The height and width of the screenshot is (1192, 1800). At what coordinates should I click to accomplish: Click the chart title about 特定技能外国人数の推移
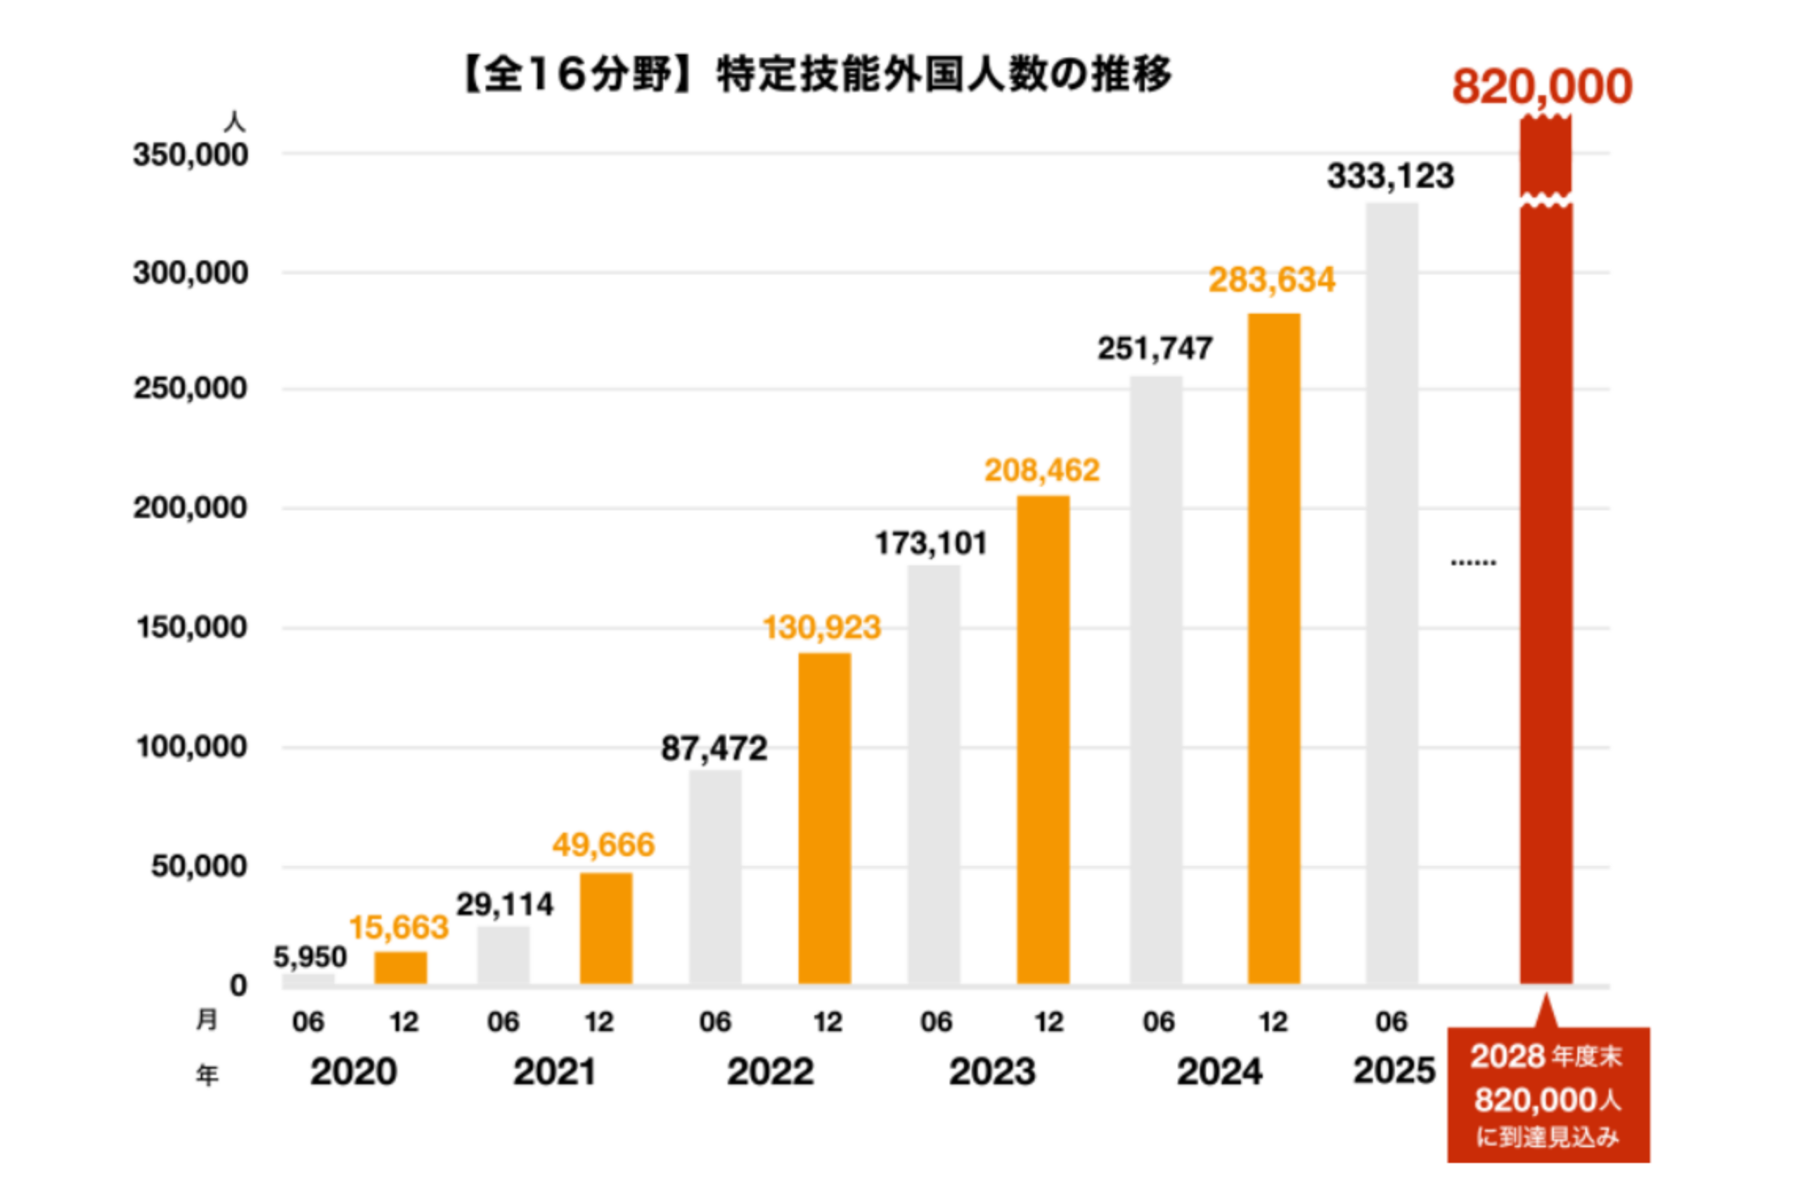pos(818,76)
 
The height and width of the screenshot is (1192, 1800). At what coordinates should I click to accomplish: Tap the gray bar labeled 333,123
pos(1391,593)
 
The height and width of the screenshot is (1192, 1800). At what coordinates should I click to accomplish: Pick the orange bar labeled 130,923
pos(823,818)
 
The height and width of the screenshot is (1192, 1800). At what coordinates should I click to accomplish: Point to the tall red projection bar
pos(1545,593)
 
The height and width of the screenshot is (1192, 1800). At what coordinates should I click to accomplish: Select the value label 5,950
pos(309,957)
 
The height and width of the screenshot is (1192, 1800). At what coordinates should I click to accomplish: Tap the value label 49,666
pos(603,845)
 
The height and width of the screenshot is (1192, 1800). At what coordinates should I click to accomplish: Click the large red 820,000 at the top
pos(1541,86)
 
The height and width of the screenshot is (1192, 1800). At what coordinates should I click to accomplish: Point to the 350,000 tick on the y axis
pos(190,155)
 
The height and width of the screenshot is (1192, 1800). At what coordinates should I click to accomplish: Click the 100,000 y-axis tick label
pos(191,747)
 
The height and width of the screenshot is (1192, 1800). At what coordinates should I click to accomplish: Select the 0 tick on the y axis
pos(238,985)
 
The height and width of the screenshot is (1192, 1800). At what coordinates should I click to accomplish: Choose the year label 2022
pos(770,1073)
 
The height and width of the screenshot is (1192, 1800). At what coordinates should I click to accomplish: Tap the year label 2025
pos(1393,1071)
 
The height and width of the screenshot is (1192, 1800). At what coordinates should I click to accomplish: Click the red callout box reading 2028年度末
pos(1548,1096)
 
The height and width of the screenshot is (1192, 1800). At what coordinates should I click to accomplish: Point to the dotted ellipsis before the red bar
pos(1473,563)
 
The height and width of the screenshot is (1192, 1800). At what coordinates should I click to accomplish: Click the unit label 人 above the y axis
pos(234,122)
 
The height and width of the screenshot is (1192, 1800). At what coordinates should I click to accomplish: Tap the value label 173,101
pos(931,543)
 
